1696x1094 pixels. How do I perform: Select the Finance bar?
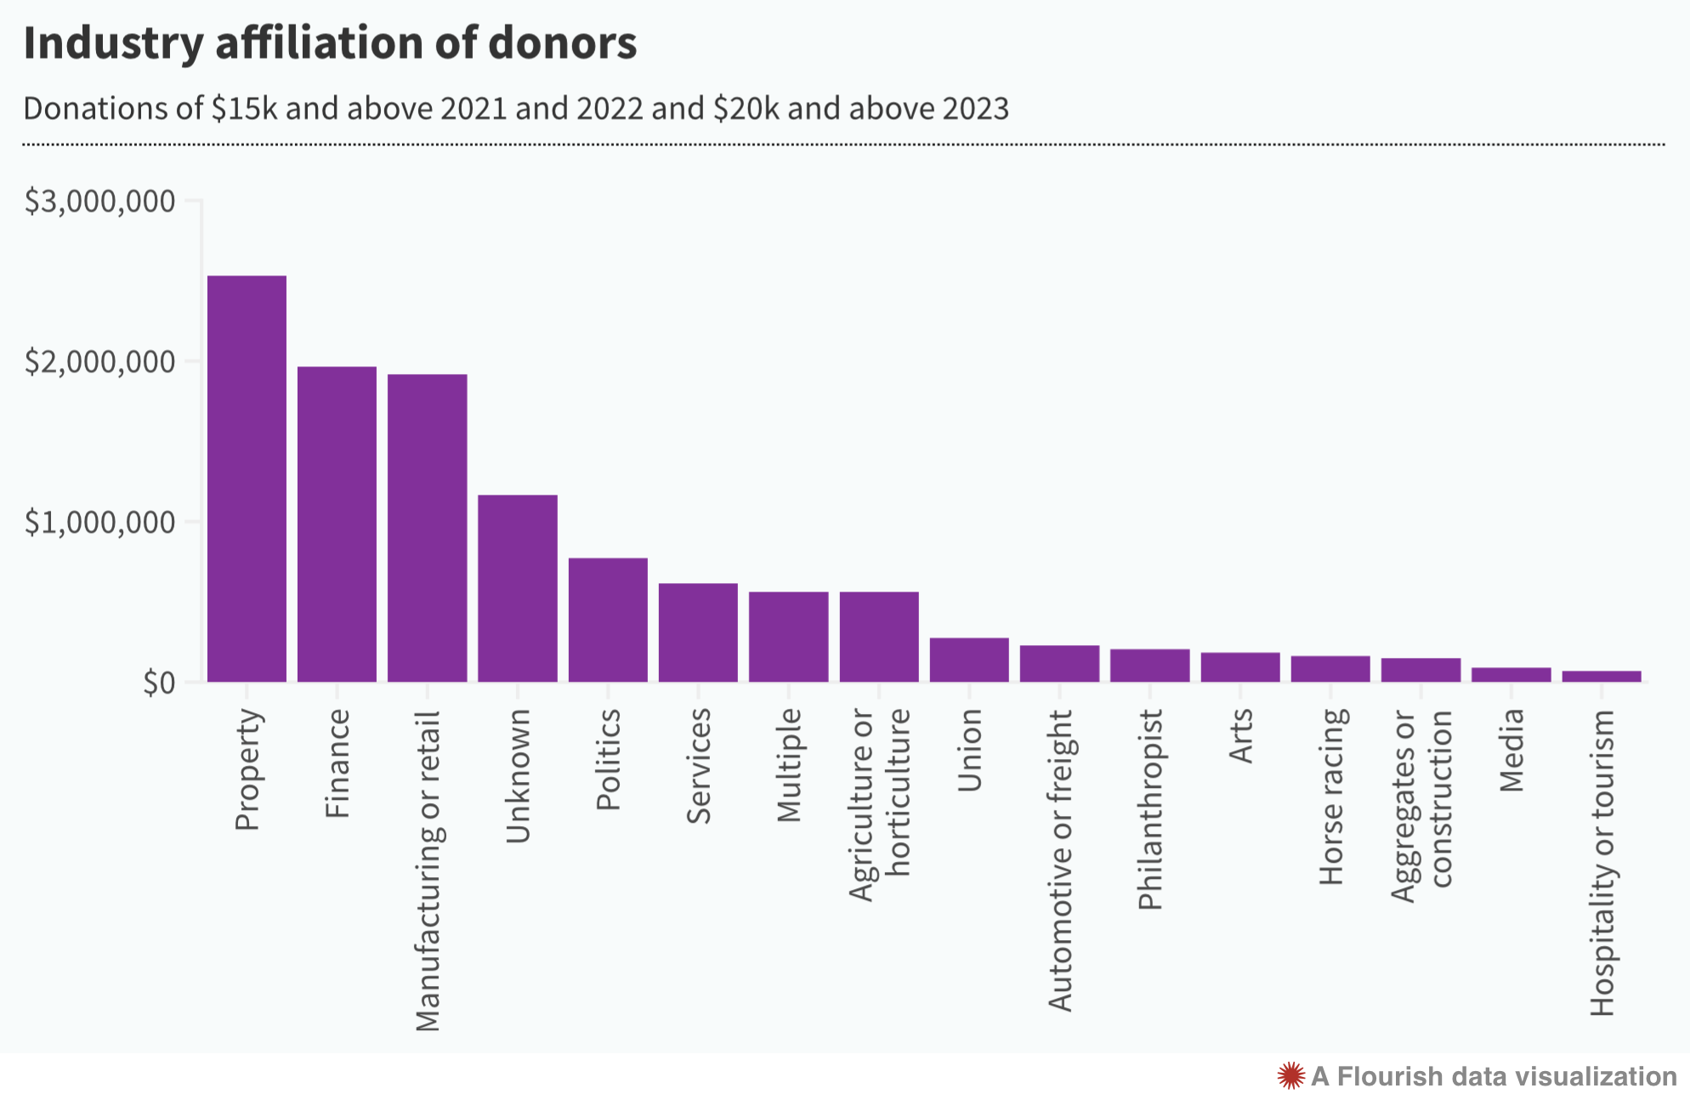(x=337, y=524)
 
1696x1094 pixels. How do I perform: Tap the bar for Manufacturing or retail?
(x=427, y=528)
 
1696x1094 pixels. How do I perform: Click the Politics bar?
(x=608, y=620)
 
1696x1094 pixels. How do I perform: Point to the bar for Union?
(x=969, y=660)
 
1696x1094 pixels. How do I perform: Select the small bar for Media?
(x=1511, y=675)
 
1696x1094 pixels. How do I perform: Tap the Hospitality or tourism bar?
(x=1602, y=677)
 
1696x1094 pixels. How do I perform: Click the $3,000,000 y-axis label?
(x=100, y=201)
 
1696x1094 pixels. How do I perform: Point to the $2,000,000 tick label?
(x=100, y=362)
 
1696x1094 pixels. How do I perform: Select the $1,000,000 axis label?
(x=100, y=523)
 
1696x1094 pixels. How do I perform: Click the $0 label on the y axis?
(x=159, y=683)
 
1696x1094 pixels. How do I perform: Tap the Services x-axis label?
(x=698, y=767)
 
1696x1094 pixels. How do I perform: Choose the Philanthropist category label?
(x=1149, y=809)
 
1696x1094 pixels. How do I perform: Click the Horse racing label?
(x=1330, y=796)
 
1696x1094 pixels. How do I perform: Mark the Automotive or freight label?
(x=1060, y=860)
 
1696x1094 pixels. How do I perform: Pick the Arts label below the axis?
(x=1240, y=736)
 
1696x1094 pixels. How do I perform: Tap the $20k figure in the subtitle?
(x=746, y=109)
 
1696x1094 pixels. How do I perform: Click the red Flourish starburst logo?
(x=1290, y=1075)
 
